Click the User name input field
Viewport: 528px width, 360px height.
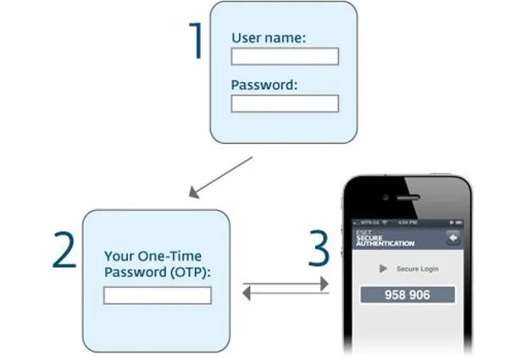[285, 57]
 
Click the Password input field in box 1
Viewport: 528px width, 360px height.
[285, 103]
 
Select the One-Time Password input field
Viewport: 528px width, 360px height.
[157, 296]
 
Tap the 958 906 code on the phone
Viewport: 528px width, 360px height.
[408, 295]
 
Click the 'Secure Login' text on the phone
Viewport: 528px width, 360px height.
[416, 269]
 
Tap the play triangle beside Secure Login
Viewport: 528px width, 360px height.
[383, 269]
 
